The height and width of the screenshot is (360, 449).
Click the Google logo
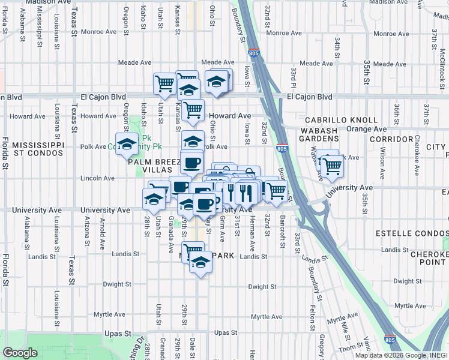pyautogui.click(x=20, y=353)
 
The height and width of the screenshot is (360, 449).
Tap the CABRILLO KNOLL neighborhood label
pyautogui.click(x=344, y=120)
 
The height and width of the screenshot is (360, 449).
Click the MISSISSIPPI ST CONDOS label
pyautogui.click(x=37, y=149)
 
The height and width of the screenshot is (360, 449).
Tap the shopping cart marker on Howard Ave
pyautogui.click(x=193, y=110)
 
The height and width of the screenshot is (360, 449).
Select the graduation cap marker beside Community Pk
pyautogui.click(x=127, y=145)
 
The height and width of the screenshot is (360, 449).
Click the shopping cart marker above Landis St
pyautogui.click(x=193, y=250)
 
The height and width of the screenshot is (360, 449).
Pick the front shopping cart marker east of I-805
pyautogui.click(x=332, y=169)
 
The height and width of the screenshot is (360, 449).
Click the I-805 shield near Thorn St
pyautogui.click(x=390, y=339)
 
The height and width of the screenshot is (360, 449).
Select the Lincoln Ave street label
pyautogui.click(x=97, y=178)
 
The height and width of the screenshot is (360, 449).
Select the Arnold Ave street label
pyautogui.click(x=103, y=228)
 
